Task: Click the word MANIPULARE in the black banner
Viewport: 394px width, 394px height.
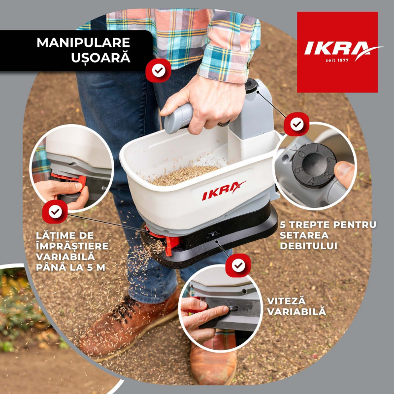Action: click(x=83, y=42)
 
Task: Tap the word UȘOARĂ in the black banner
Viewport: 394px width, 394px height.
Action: click(x=101, y=57)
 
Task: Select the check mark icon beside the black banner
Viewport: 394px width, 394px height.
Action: click(x=159, y=70)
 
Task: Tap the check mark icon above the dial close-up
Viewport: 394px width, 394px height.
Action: click(x=296, y=124)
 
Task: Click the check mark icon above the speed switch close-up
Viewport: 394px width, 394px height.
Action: click(x=238, y=265)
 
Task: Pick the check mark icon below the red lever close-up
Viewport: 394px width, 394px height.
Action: click(x=55, y=212)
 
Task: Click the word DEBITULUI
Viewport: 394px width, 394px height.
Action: click(x=309, y=246)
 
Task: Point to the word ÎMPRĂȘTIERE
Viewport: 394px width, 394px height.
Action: click(x=72, y=246)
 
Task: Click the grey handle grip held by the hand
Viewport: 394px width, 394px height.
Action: click(x=178, y=118)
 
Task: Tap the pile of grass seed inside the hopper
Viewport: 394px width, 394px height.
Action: click(x=185, y=175)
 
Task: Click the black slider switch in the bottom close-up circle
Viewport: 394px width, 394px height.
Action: click(x=232, y=309)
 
